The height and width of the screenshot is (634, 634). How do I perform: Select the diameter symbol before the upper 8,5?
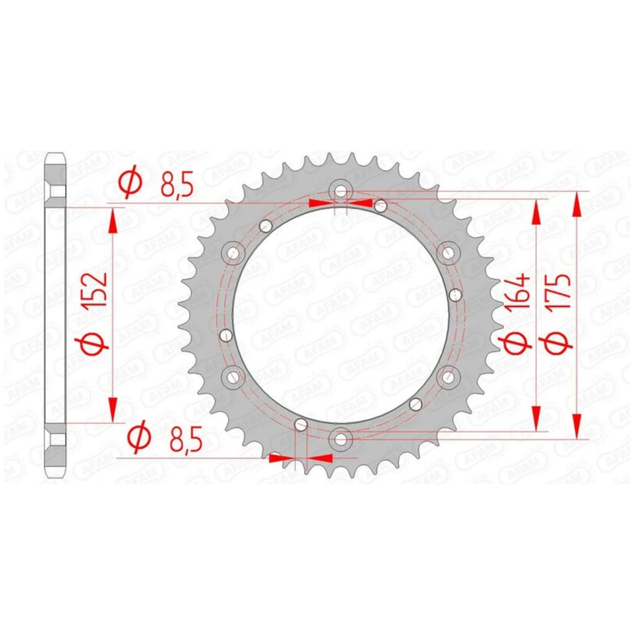point(131,183)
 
